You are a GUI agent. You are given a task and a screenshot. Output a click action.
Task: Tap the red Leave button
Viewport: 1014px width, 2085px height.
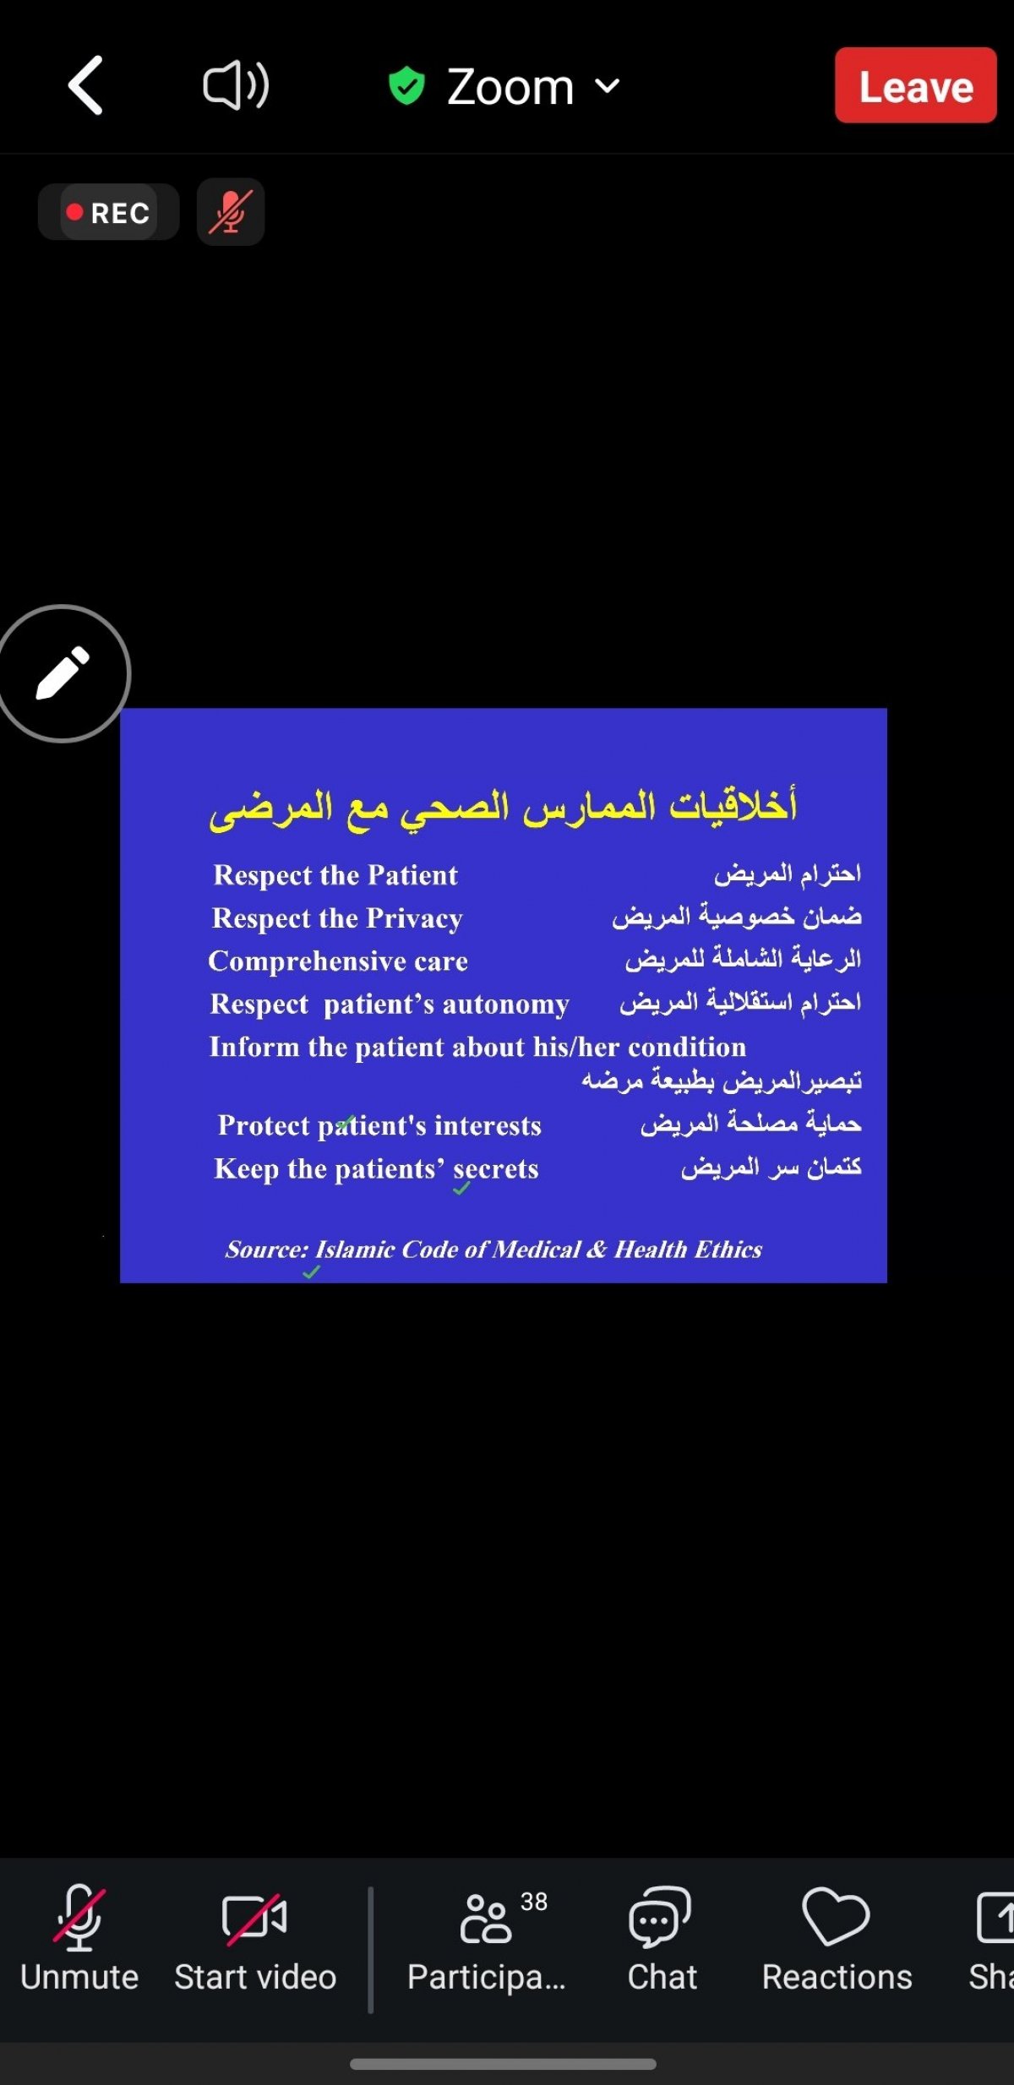(x=916, y=85)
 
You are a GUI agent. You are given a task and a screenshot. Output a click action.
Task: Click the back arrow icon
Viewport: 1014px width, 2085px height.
(x=85, y=85)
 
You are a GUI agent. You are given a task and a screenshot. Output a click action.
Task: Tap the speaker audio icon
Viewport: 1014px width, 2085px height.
(x=236, y=85)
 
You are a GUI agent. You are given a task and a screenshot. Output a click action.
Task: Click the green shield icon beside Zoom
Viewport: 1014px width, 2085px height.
(x=406, y=86)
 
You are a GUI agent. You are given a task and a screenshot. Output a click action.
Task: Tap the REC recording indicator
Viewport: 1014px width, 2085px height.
(x=108, y=212)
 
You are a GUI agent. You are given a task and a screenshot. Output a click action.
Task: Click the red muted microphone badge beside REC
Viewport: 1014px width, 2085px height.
(x=231, y=212)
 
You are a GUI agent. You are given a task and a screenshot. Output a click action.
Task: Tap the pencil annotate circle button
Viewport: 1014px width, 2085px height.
(x=62, y=673)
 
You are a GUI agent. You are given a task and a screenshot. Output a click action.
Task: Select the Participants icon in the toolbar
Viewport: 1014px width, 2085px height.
(x=486, y=1919)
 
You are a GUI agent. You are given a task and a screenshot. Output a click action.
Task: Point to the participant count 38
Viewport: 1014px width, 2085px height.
(x=534, y=1901)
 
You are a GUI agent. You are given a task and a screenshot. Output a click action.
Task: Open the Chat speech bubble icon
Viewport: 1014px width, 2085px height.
(x=660, y=1917)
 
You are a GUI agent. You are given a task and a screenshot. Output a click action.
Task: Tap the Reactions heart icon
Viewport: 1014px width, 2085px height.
(x=836, y=1916)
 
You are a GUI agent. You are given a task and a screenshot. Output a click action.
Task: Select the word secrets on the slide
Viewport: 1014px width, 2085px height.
(x=496, y=1169)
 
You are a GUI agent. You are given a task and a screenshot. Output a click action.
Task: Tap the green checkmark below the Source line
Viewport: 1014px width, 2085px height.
(x=311, y=1271)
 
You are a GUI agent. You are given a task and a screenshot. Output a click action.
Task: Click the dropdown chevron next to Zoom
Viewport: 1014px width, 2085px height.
(x=608, y=85)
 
